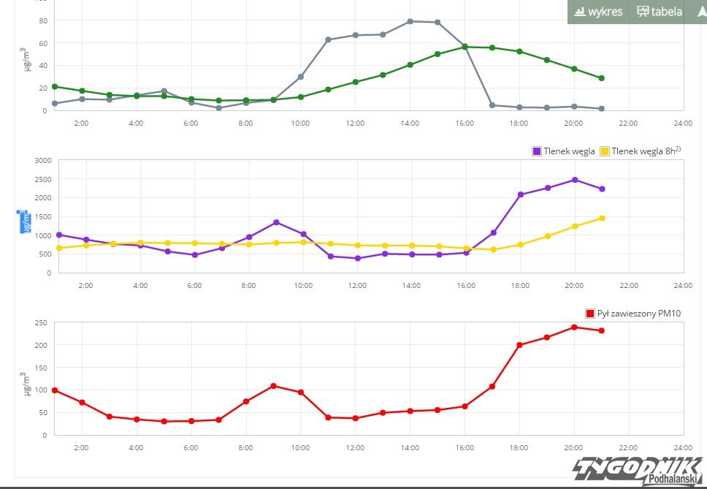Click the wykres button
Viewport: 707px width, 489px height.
click(x=598, y=11)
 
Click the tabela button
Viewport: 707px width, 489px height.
click(x=660, y=11)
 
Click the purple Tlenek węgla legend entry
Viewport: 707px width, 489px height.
click(x=562, y=151)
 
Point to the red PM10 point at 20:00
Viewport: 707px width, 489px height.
click(x=574, y=327)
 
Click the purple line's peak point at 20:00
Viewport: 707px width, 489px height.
click(x=574, y=180)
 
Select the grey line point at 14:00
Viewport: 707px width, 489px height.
click(x=410, y=21)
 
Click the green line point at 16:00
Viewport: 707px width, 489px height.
click(x=465, y=47)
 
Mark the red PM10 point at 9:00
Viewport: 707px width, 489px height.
click(x=273, y=386)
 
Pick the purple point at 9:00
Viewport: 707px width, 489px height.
click(x=276, y=222)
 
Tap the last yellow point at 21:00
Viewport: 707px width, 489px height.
click(x=602, y=218)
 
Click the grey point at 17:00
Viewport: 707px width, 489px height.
click(x=492, y=105)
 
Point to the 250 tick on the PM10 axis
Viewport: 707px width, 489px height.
click(x=42, y=322)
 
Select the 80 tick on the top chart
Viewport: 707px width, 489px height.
click(x=43, y=20)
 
